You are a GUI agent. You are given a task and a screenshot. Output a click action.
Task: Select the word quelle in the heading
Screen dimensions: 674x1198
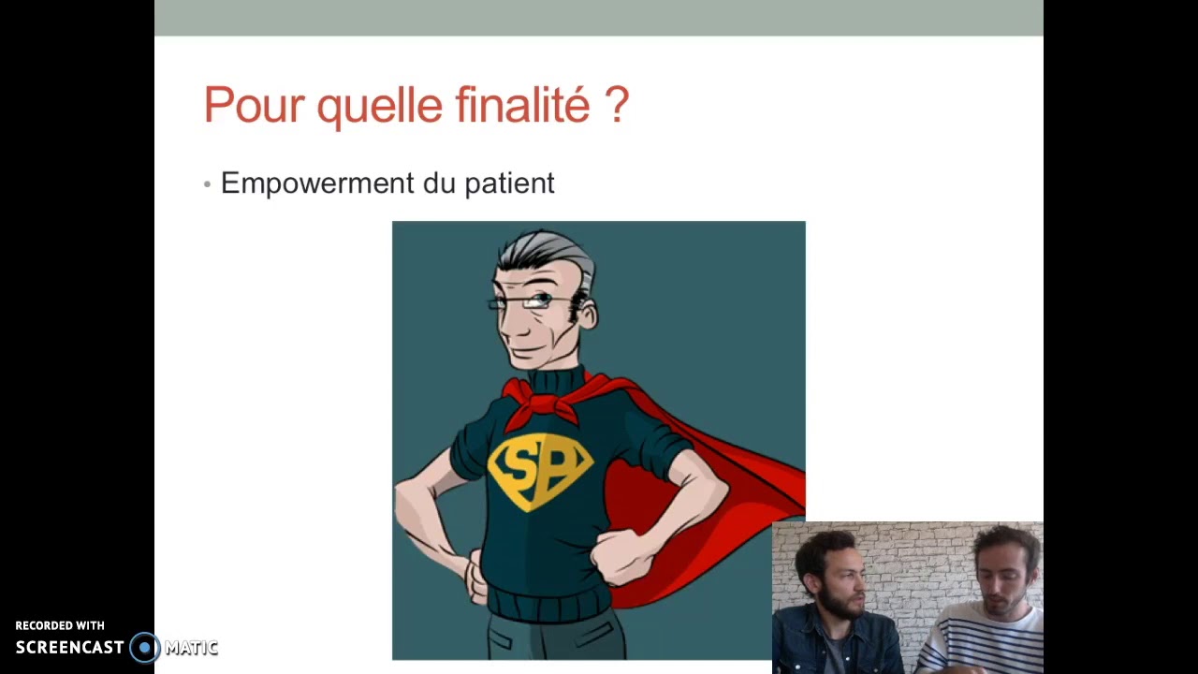[x=380, y=106]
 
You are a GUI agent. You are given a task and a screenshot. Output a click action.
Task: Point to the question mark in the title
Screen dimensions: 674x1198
[x=617, y=104]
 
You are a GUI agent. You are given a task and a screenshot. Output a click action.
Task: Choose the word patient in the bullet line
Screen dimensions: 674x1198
[x=509, y=183]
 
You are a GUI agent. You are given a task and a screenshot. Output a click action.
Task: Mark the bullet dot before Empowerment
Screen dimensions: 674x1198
[x=207, y=184]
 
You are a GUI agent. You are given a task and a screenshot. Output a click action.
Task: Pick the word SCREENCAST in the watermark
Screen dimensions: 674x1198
[x=70, y=648]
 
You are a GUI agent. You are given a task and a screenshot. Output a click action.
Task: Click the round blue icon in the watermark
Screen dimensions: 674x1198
[x=144, y=647]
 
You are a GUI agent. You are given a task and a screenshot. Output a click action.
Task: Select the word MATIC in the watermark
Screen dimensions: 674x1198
[x=191, y=648]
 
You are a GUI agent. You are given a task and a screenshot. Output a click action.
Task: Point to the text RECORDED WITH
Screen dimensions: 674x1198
[x=60, y=625]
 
